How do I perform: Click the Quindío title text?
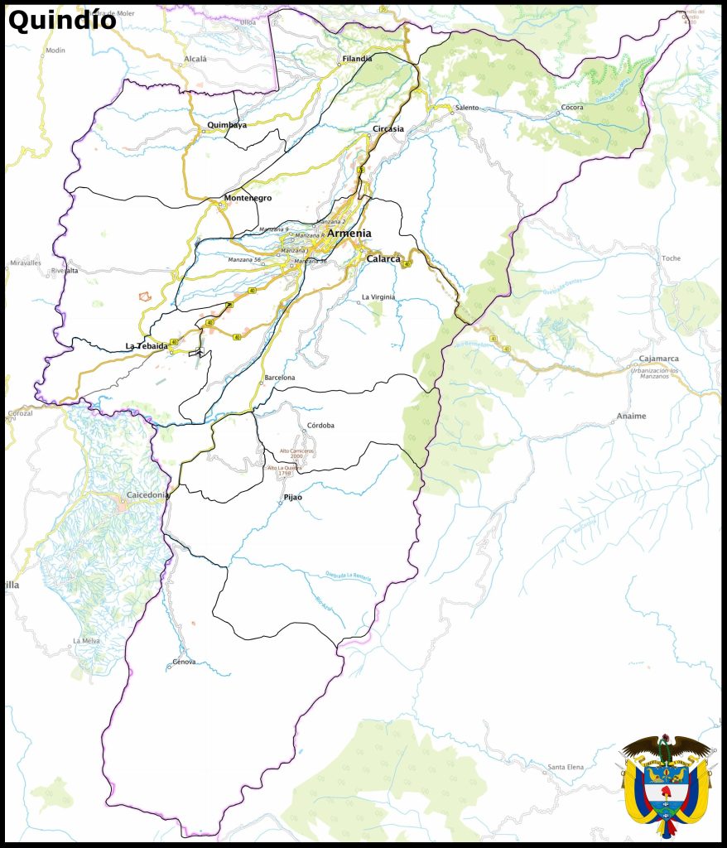62,20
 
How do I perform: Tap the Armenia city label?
349,234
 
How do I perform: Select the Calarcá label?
383,258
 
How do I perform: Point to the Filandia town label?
357,59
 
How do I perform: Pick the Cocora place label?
572,108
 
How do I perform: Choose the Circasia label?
388,129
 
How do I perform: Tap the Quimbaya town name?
227,125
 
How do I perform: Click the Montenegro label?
248,198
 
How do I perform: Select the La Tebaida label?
147,345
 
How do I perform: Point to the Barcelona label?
279,378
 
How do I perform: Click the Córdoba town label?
320,426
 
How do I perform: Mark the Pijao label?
293,497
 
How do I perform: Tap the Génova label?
184,662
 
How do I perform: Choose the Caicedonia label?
147,495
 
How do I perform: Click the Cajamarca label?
659,359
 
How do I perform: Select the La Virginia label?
378,296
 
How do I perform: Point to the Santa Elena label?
566,767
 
